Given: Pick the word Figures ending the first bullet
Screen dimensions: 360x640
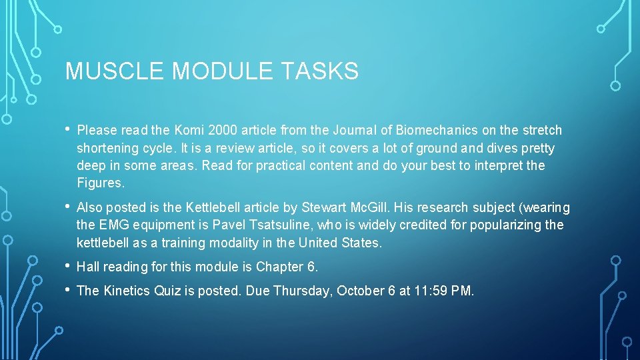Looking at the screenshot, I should [99, 183].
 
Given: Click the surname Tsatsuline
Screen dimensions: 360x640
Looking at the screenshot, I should [296, 225].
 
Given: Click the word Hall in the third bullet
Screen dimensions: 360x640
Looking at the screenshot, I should [89, 267].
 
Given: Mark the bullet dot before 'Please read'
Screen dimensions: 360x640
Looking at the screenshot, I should [69, 129].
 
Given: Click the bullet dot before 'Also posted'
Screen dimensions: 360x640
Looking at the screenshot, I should [69, 207].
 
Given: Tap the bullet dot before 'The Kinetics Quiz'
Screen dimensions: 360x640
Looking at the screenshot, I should [69, 289].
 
